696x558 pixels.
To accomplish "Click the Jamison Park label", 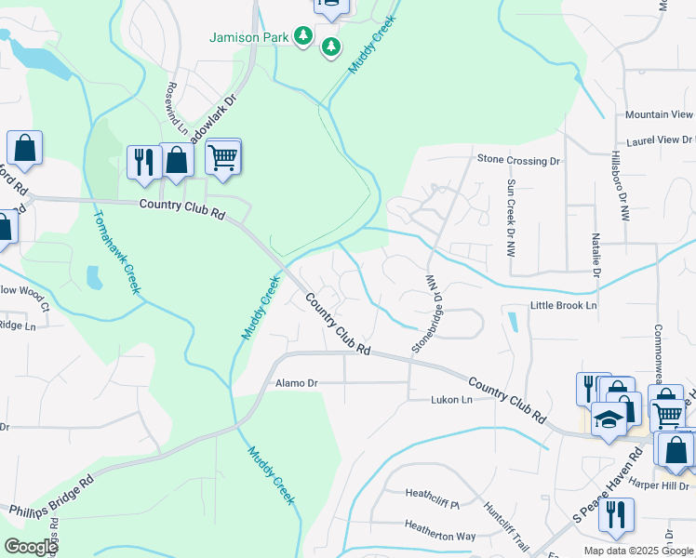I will [x=248, y=37].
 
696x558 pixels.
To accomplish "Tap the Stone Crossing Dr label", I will [x=518, y=160].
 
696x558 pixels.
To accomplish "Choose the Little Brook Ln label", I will [x=563, y=305].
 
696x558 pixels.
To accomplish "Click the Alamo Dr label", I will [x=297, y=383].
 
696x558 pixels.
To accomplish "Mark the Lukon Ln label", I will [x=451, y=400].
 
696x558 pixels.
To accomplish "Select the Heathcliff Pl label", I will [x=433, y=494].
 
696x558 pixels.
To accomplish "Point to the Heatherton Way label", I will [x=440, y=537].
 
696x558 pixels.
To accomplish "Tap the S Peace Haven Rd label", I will [x=609, y=484].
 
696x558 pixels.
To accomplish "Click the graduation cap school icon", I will [x=609, y=420].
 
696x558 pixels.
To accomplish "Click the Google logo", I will [x=30, y=547].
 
